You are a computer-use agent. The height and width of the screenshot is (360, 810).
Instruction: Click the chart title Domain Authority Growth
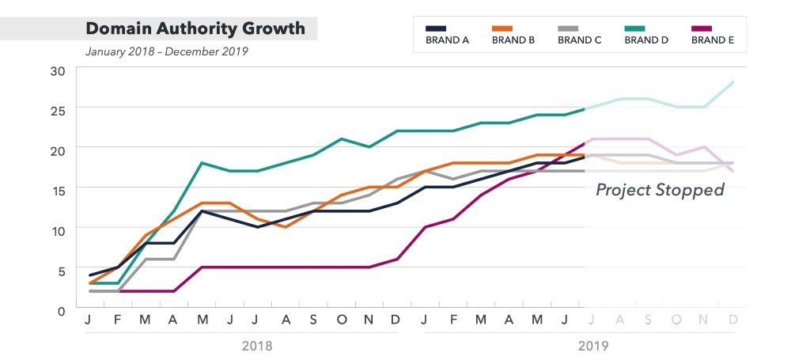195,28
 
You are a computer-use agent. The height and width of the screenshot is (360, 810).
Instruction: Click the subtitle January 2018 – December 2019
167,52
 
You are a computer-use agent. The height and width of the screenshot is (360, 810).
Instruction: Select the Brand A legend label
447,40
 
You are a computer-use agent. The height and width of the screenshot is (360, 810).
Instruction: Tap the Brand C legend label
580,40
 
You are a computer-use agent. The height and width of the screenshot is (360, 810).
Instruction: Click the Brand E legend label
713,40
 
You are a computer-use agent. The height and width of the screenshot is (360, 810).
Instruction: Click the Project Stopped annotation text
660,190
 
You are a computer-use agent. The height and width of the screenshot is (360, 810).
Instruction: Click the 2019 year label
593,346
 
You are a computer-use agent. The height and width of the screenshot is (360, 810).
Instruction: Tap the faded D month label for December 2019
733,320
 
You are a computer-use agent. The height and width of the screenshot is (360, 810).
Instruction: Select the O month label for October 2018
341,320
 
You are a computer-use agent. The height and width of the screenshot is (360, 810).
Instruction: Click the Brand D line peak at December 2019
733,81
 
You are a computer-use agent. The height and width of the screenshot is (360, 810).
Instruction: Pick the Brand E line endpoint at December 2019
733,171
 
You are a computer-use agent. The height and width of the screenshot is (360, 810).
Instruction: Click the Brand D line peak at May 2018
202,162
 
